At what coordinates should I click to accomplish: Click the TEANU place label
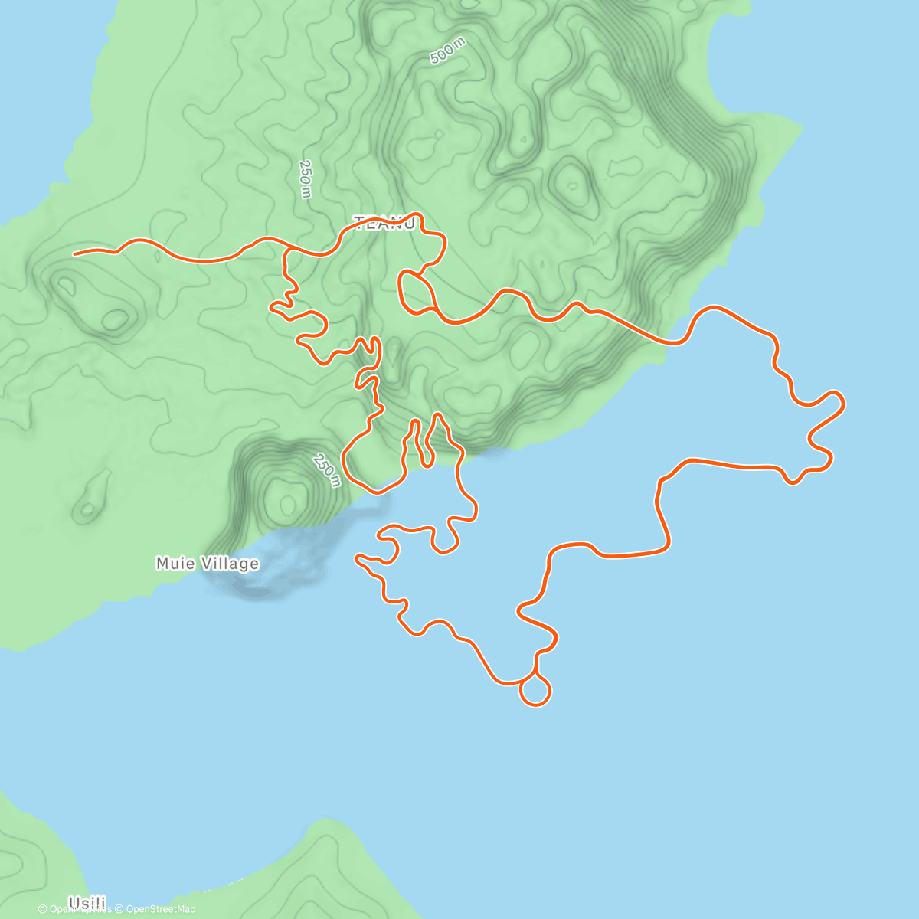(x=385, y=223)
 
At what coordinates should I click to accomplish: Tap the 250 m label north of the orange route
(x=306, y=179)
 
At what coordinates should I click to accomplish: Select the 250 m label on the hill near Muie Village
(x=327, y=470)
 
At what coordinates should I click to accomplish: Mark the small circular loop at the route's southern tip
(x=535, y=692)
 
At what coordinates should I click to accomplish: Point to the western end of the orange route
(x=74, y=253)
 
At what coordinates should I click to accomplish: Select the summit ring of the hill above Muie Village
(x=287, y=502)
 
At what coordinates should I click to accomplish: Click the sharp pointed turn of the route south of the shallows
(x=357, y=558)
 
